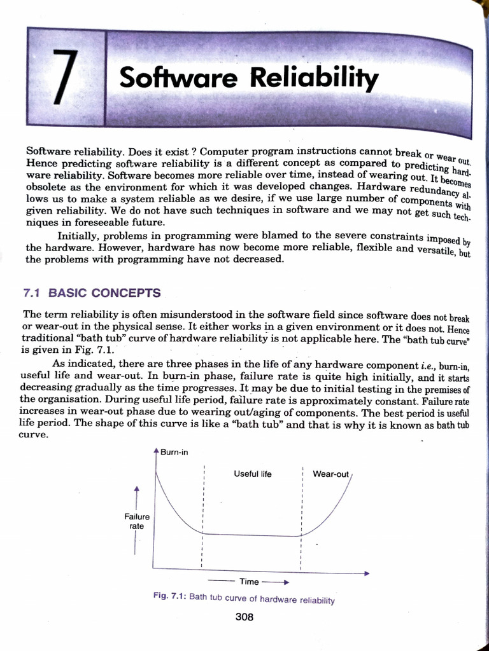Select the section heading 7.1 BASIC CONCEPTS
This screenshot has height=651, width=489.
click(x=92, y=293)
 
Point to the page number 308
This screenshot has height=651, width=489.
click(x=244, y=617)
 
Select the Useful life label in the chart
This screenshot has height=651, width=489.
click(x=253, y=474)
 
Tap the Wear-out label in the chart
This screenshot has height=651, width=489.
click(x=330, y=474)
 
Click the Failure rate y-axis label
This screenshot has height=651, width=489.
click(x=137, y=521)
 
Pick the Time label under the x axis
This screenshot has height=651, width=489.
click(x=249, y=581)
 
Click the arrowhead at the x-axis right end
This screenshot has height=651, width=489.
click(x=366, y=573)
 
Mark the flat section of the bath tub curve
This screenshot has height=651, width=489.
click(x=252, y=535)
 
